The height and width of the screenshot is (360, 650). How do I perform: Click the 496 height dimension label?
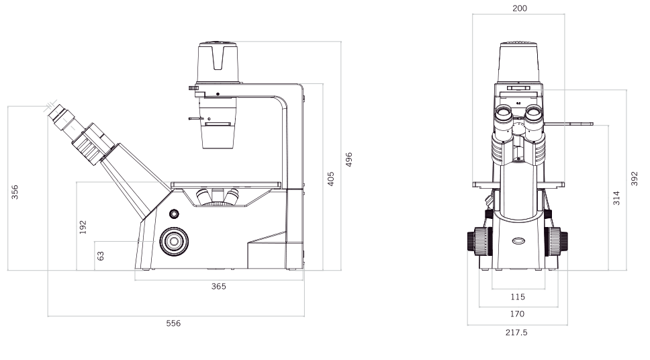pos(349,159)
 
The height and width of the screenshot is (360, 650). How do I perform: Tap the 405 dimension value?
pos(330,179)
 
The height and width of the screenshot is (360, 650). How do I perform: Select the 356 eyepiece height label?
pos(15,193)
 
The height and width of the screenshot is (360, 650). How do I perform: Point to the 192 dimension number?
pos(83,227)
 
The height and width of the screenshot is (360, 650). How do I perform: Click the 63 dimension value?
pos(100,256)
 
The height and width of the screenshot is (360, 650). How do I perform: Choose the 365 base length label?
pos(219,286)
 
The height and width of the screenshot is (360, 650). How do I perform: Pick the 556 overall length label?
pos(173,323)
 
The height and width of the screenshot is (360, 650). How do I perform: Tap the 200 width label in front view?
pos(520,8)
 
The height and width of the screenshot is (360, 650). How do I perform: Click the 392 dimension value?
pos(635,179)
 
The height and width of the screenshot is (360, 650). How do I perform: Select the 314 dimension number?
pos(616,198)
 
